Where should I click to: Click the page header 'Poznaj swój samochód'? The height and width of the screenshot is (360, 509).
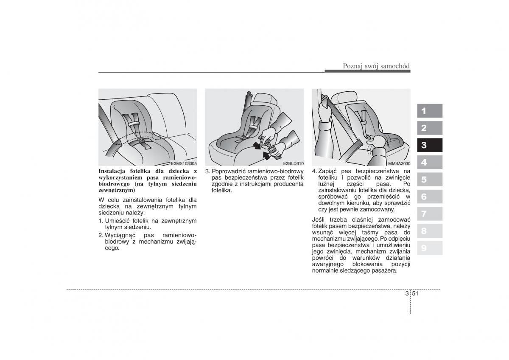click(x=376, y=66)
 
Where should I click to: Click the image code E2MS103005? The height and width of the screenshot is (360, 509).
click(x=184, y=163)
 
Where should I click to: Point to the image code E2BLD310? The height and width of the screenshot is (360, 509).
click(x=293, y=163)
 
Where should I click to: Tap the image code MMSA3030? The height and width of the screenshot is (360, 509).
click(x=399, y=163)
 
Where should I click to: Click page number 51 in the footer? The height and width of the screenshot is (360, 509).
click(x=416, y=293)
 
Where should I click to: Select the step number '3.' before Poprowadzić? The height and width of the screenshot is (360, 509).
click(x=208, y=171)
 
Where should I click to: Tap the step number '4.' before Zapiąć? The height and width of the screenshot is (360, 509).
click(x=314, y=171)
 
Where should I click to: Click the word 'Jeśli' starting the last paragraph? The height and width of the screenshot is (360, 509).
click(x=319, y=219)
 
